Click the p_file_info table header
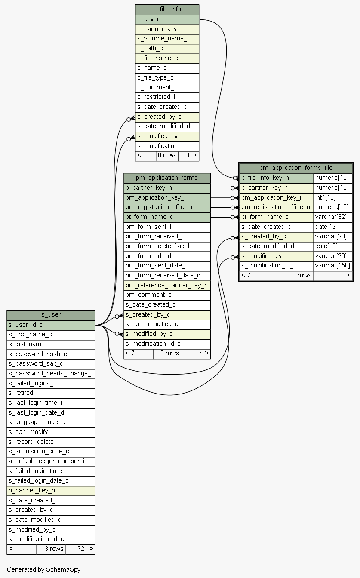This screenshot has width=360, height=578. [x=167, y=9]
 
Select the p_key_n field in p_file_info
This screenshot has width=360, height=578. [x=167, y=19]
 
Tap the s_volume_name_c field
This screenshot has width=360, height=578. [x=167, y=39]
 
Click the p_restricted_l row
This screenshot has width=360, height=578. [x=167, y=97]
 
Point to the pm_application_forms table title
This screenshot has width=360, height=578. [x=167, y=178]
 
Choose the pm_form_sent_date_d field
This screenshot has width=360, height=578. [x=167, y=266]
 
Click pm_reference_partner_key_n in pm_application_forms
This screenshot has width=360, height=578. [x=167, y=285]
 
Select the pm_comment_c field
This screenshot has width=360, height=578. [x=167, y=295]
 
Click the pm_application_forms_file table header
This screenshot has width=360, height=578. [x=296, y=168]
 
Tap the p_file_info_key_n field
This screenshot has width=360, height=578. [x=277, y=178]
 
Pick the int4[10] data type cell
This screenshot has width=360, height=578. [x=333, y=197]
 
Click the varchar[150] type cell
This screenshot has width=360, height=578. [x=333, y=266]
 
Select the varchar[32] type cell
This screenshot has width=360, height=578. [x=333, y=217]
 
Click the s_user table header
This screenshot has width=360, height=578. [x=51, y=314]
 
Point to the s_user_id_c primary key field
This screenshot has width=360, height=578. [x=51, y=325]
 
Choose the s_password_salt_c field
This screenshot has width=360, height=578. [x=51, y=364]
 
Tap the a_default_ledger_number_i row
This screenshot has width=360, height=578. [x=51, y=461]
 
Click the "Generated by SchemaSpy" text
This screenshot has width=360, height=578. [x=43, y=569]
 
